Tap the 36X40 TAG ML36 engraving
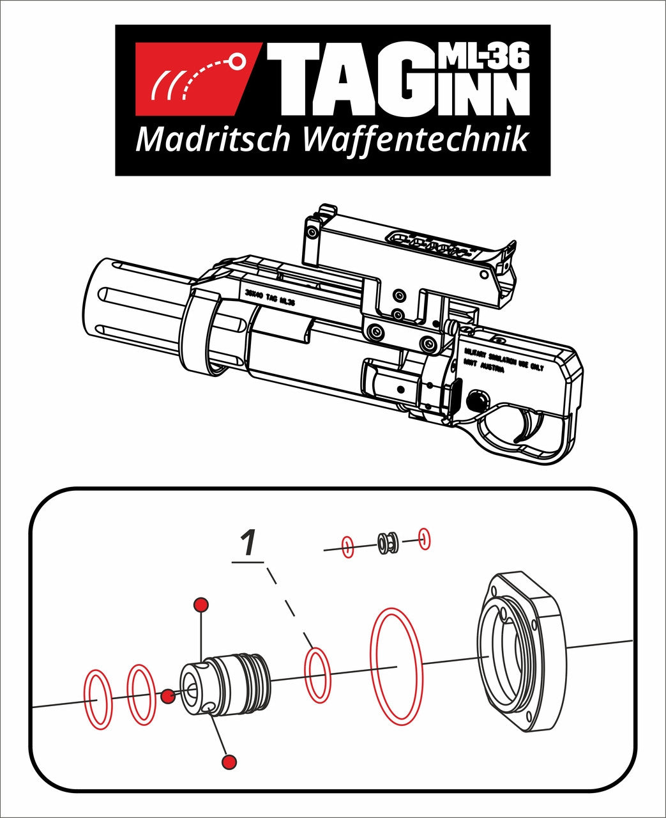click(269, 297)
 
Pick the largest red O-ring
click(397, 667)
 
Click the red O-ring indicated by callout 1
click(318, 676)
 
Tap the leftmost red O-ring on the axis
click(98, 700)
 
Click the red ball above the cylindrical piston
click(201, 605)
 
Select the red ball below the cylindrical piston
click(229, 761)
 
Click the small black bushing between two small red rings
click(387, 543)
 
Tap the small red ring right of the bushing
click(424, 539)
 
